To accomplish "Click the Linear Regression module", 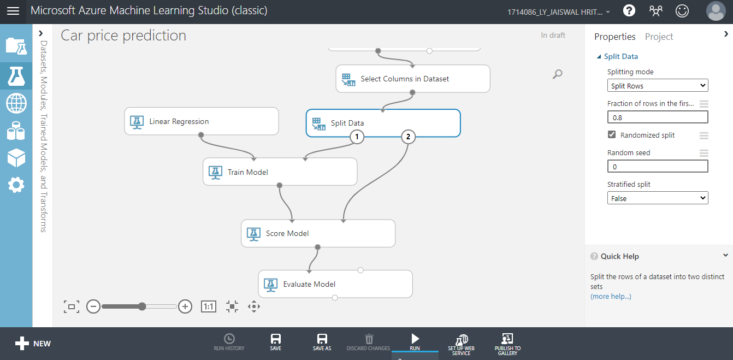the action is tap(201, 121).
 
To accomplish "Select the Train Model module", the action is tap(280, 172).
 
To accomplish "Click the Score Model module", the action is tap(318, 233).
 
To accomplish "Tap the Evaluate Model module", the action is tap(335, 284).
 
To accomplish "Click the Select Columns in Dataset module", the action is tap(412, 79).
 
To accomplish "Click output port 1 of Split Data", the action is tap(357, 137).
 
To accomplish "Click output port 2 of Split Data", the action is tap(408, 137).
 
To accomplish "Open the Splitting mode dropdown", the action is tap(658, 86).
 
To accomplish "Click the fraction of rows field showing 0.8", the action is tap(658, 117).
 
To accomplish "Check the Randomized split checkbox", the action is tap(612, 134).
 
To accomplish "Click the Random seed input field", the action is tap(658, 166).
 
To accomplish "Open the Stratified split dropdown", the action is tap(658, 198).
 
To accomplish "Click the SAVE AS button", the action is tap(322, 342).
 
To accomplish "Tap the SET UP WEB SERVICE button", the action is tap(461, 344).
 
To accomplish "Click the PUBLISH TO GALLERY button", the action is tap(507, 344).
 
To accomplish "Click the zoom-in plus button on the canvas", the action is tap(185, 306).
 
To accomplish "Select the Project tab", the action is tap(659, 37).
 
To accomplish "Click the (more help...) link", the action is tap(611, 296).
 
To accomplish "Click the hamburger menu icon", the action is tap(13, 11).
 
